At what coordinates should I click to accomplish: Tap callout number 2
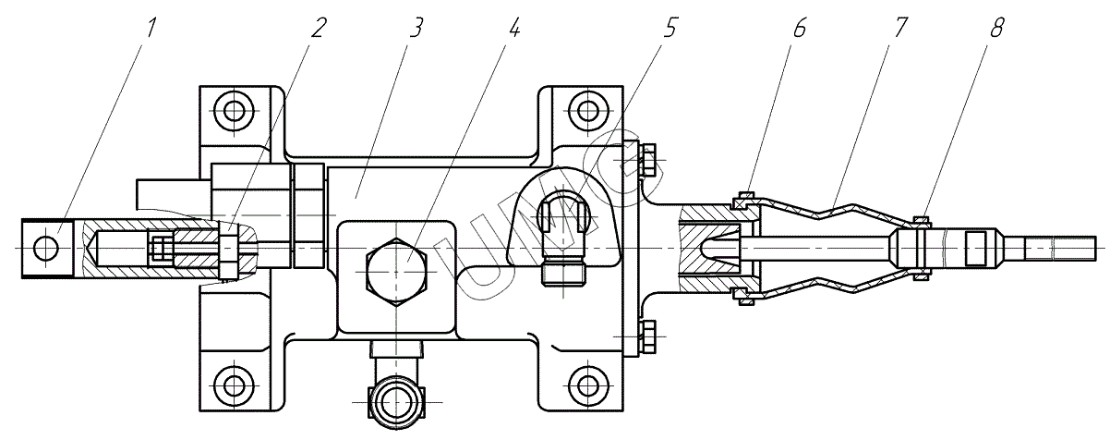click(x=319, y=28)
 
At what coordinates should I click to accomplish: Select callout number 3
click(x=416, y=28)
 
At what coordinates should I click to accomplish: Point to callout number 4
click(x=514, y=28)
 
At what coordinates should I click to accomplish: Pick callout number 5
click(x=671, y=28)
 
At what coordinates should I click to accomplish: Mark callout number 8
click(x=996, y=28)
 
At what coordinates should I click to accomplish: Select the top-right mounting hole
click(x=585, y=112)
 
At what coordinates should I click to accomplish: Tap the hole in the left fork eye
click(x=45, y=248)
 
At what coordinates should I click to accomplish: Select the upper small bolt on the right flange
click(x=646, y=161)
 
